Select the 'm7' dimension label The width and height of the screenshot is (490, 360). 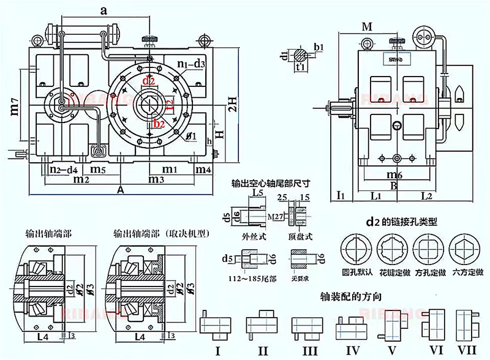[13, 110]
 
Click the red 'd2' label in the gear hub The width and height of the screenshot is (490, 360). [148, 81]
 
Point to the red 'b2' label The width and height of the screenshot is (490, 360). [159, 124]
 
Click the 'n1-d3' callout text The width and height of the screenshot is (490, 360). [190, 62]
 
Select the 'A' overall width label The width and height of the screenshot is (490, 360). [121, 190]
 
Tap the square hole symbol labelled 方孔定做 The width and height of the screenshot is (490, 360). [429, 251]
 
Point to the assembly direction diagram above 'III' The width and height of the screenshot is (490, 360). [304, 325]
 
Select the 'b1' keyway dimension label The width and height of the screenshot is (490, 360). [318, 47]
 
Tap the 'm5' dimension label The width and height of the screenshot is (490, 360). [99, 168]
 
